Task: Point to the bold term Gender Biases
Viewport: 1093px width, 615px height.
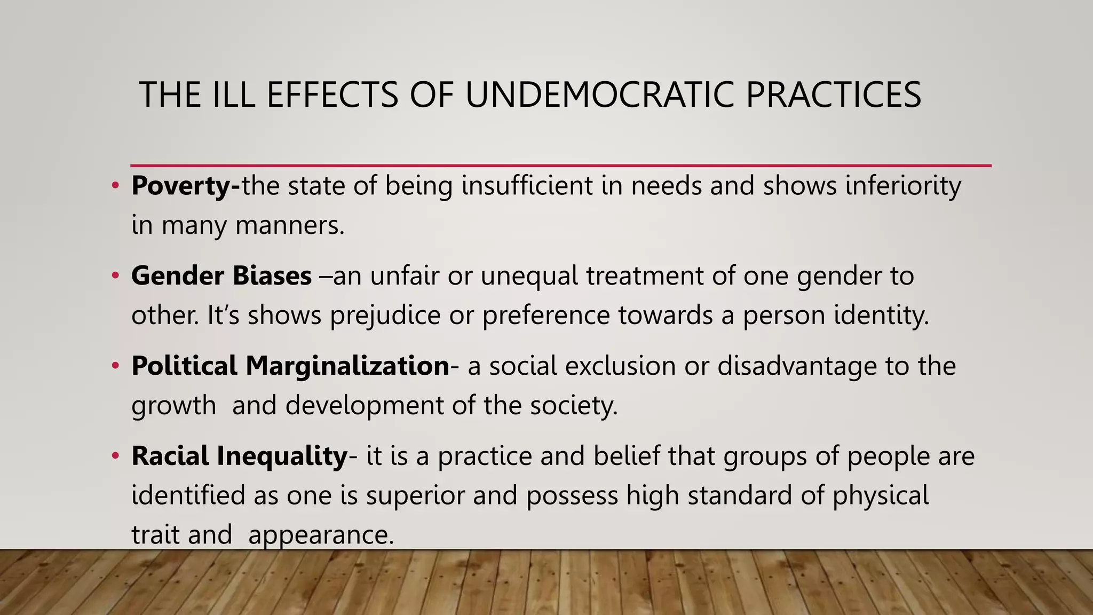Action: pos(221,276)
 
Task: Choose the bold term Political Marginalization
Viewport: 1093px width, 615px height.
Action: pos(290,366)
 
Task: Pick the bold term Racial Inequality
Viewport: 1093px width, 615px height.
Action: pos(240,456)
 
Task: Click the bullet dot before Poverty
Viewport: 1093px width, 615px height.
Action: pos(115,186)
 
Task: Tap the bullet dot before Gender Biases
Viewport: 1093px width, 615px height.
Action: pos(115,276)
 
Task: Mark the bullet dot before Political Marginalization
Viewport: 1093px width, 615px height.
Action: pos(115,366)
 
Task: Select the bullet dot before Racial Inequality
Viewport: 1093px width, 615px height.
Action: pos(115,456)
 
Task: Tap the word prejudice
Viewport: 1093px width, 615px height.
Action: pos(385,316)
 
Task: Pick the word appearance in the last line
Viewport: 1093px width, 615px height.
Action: pos(321,535)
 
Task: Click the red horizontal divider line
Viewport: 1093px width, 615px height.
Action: pos(560,165)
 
